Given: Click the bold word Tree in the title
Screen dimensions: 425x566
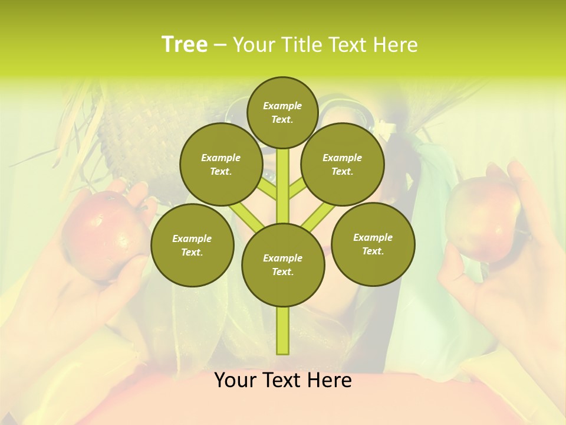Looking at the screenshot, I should tap(184, 44).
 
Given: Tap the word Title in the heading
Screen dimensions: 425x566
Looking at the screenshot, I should tap(301, 45).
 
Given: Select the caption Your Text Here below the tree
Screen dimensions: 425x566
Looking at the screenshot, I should tap(282, 380).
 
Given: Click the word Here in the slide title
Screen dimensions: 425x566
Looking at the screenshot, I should tap(395, 45).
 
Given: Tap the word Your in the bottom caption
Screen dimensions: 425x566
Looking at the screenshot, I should tap(235, 380).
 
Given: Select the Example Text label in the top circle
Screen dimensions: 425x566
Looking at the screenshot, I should tap(282, 112).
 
